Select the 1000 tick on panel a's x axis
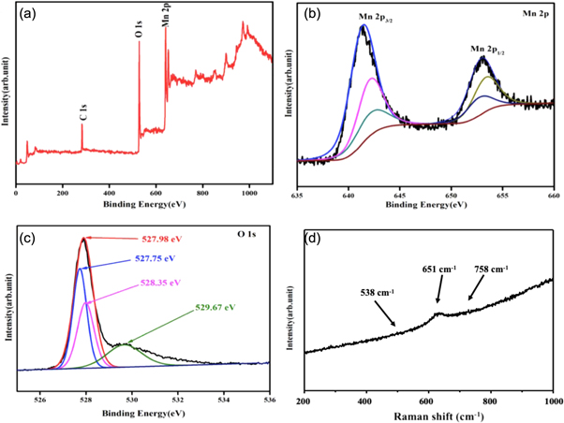pyautogui.click(x=248, y=191)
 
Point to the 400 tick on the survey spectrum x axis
pyautogui.click(x=109, y=191)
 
